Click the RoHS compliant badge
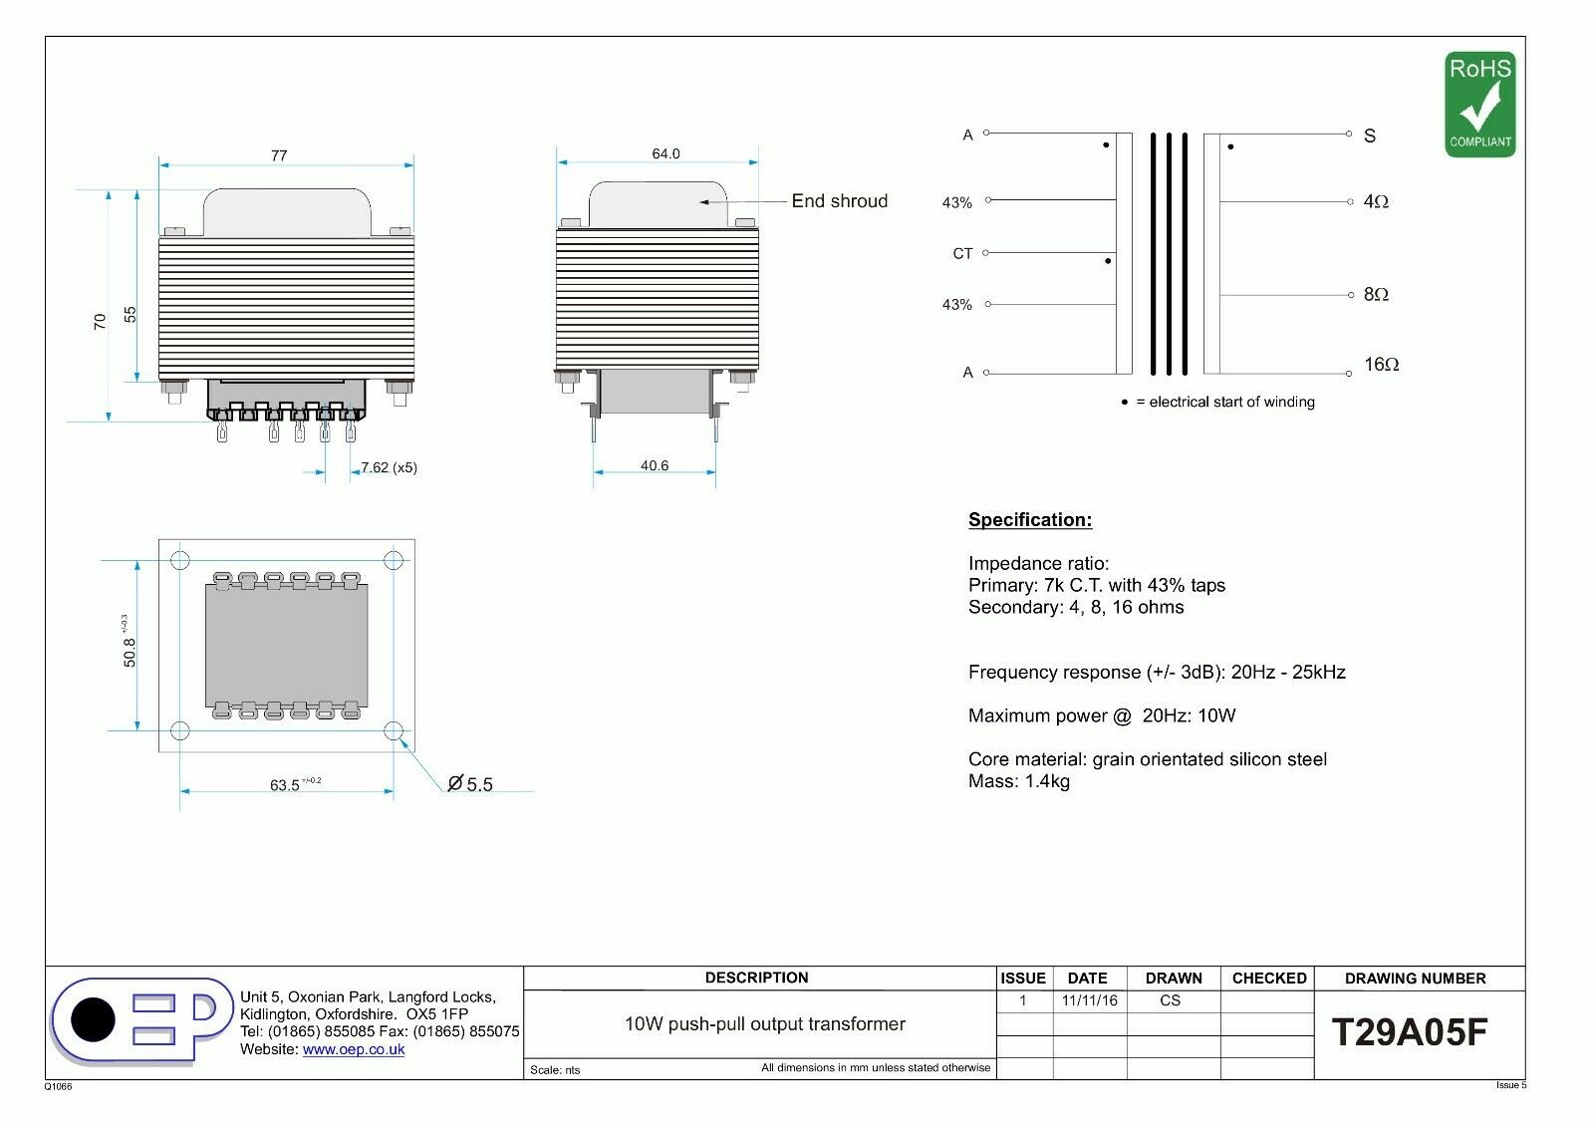[x=1480, y=104]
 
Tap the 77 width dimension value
[x=279, y=155]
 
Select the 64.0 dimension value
[x=666, y=153]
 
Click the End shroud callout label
[x=840, y=200]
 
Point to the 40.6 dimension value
[x=655, y=465]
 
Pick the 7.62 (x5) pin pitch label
[x=390, y=467]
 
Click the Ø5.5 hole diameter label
[x=470, y=784]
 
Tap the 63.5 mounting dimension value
[x=285, y=785]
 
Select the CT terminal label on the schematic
[x=962, y=253]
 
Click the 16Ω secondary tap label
[x=1381, y=365]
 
